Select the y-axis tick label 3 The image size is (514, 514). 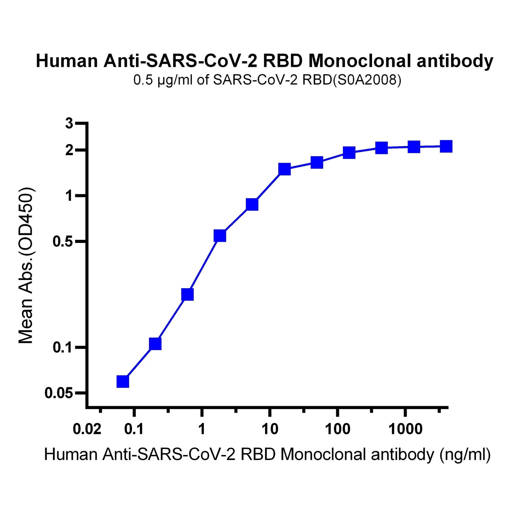tap(69, 124)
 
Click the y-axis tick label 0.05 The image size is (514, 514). tap(59, 393)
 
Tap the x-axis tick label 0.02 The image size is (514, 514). tap(87, 429)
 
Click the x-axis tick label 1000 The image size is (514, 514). tap(405, 429)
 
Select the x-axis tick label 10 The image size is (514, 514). tap(270, 429)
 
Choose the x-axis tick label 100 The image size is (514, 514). tap(337, 429)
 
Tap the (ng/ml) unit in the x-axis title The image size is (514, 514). tap(465, 455)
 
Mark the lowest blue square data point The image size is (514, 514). tap(123, 381)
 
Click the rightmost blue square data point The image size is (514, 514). tap(446, 146)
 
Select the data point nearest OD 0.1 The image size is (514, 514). tap(155, 344)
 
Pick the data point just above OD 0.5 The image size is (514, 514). tap(220, 235)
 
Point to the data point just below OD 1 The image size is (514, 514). tap(252, 204)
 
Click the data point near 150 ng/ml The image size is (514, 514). tap(349, 153)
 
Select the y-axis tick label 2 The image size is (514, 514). tap(69, 150)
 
